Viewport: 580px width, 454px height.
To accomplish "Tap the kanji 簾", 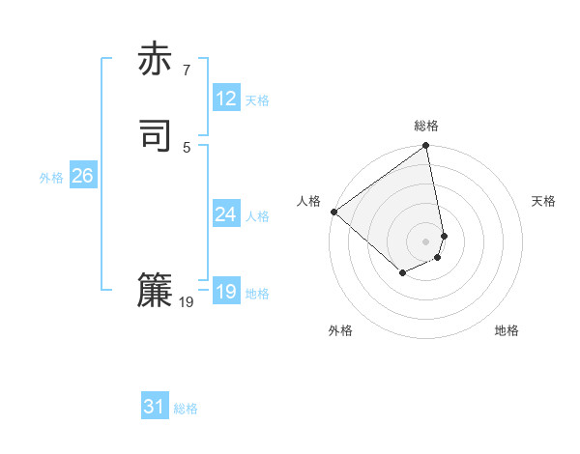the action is coord(155,291).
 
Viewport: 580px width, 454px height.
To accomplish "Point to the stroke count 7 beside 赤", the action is coord(186,70).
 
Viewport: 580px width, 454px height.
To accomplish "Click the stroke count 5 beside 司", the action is coord(186,147).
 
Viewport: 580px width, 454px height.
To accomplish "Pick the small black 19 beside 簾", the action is coord(187,302).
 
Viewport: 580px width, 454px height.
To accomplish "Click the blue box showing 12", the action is coord(225,99).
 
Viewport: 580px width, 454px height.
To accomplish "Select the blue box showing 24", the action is coord(225,214).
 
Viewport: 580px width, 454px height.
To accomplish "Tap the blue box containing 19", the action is coord(225,292).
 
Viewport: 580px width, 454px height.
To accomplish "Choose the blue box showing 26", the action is coord(82,176).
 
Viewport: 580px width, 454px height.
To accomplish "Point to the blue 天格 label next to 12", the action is coord(257,100).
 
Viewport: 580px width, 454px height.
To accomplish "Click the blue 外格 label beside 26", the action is coord(51,178).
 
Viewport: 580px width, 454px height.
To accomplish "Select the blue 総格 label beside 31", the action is coord(186,409).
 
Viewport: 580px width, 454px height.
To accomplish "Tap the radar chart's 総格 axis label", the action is coord(426,126).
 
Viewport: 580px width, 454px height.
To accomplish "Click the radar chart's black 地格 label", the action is coord(507,330).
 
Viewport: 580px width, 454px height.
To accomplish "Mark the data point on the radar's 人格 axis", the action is coord(333,212).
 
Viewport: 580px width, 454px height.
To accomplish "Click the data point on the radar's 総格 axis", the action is coord(426,147).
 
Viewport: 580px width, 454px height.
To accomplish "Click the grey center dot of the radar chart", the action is coord(426,241).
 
